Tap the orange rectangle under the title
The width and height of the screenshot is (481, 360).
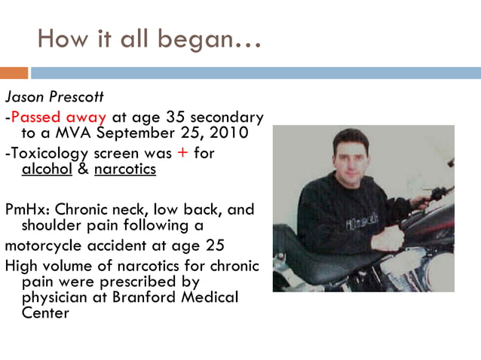[14, 73]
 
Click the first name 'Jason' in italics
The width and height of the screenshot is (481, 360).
[23, 99]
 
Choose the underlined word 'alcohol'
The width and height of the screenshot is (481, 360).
[47, 169]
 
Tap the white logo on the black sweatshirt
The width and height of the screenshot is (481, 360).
[357, 224]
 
